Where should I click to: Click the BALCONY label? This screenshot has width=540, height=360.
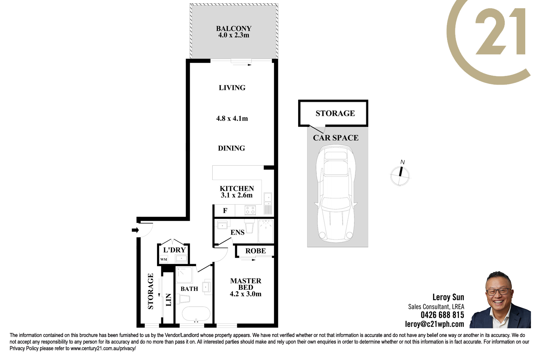pyautogui.click(x=234, y=28)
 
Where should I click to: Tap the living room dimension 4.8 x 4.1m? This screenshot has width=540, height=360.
pyautogui.click(x=232, y=118)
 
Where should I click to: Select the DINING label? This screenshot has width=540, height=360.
pyautogui.click(x=231, y=148)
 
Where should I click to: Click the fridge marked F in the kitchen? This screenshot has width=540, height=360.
pyautogui.click(x=225, y=211)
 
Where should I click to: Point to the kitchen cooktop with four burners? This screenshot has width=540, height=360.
pyautogui.click(x=250, y=210)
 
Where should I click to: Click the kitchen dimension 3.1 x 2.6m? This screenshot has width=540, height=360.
pyautogui.click(x=237, y=195)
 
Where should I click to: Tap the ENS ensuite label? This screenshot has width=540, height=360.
pyautogui.click(x=238, y=232)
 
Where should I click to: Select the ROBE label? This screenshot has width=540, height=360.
pyautogui.click(x=256, y=251)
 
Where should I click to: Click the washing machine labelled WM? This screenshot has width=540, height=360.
pyautogui.click(x=164, y=260)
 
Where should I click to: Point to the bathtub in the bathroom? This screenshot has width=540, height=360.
pyautogui.click(x=196, y=314)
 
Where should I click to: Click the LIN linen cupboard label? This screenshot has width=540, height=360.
pyautogui.click(x=168, y=300)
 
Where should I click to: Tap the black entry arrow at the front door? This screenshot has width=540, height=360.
pyautogui.click(x=135, y=230)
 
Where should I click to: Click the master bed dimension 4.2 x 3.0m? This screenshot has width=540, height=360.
pyautogui.click(x=246, y=294)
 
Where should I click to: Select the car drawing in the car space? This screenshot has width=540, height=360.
pyautogui.click(x=336, y=193)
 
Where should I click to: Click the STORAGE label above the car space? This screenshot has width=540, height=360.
pyautogui.click(x=335, y=113)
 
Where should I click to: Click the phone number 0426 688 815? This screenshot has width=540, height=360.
pyautogui.click(x=442, y=315)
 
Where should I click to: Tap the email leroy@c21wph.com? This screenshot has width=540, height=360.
pyautogui.click(x=435, y=324)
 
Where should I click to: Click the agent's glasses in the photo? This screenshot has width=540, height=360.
pyautogui.click(x=498, y=292)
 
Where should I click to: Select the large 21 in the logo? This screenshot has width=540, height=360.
pyautogui.click(x=500, y=31)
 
